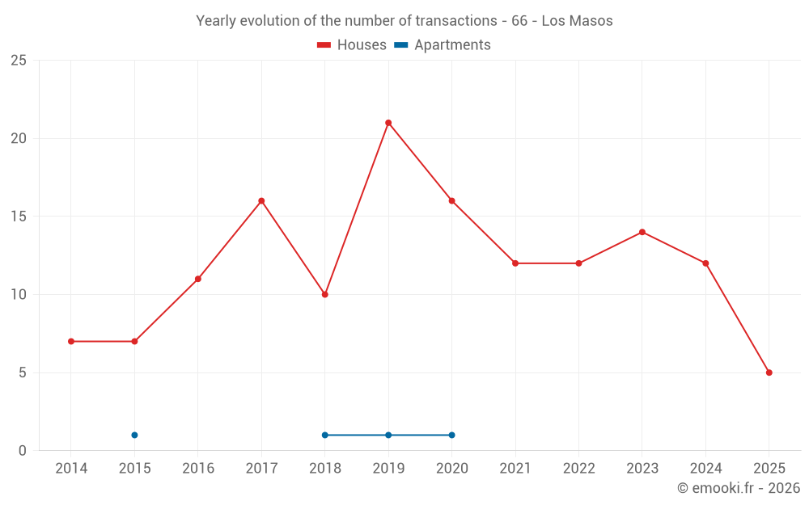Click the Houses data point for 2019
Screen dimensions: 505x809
coord(388,123)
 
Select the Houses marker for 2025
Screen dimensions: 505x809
coord(769,372)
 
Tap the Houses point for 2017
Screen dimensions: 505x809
coord(261,201)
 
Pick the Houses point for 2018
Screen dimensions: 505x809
coord(325,294)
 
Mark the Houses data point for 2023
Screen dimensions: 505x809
coord(642,232)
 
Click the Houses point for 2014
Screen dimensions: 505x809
coord(71,341)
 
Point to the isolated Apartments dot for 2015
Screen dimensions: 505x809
coord(134,435)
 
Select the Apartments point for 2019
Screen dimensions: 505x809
coord(388,435)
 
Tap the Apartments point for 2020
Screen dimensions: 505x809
coord(451,435)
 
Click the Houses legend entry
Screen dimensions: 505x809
coord(352,45)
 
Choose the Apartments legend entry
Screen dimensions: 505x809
coord(443,45)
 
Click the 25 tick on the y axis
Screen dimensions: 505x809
coord(18,61)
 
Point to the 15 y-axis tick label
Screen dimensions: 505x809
coord(18,217)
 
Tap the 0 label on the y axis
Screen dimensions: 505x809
coord(22,451)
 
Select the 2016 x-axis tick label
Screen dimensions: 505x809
coord(198,468)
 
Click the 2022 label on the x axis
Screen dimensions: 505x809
coord(578,468)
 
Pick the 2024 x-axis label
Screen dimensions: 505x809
coord(705,468)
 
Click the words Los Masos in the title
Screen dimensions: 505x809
coord(577,21)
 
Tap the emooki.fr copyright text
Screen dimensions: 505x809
coord(738,488)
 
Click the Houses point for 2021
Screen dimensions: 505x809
coord(515,263)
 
